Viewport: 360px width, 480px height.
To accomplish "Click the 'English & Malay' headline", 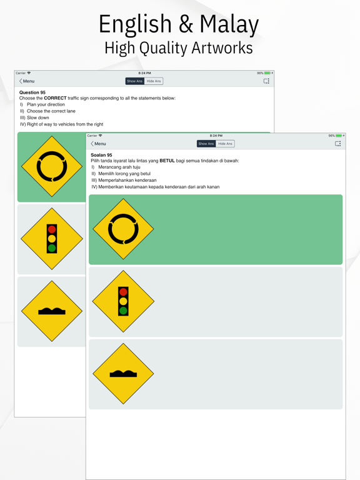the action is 179,24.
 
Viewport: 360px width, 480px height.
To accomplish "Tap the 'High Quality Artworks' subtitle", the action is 179,48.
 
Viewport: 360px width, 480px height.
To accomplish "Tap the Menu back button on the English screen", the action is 27,81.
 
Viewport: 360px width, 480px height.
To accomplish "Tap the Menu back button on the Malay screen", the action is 98,144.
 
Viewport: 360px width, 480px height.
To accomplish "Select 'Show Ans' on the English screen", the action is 135,81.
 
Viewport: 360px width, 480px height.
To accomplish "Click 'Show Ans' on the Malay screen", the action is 206,144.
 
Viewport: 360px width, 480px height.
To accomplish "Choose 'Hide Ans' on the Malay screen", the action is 225,144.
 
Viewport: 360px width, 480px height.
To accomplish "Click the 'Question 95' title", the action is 32,92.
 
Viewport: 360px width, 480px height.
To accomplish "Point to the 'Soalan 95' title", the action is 101,155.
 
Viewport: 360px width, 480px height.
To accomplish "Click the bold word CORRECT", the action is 55,98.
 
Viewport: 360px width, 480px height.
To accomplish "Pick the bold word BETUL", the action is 167,161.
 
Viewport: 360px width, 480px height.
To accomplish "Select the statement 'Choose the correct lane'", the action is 51,111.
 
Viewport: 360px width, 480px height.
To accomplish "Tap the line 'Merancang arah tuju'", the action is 119,167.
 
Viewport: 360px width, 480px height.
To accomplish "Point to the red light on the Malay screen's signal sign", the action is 123,292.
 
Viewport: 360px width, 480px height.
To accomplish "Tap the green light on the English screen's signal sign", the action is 52,247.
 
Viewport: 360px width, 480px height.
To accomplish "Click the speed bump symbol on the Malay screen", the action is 123,374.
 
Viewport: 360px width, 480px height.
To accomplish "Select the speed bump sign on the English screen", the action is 52,311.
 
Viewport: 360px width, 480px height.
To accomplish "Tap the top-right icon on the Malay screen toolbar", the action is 337,144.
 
